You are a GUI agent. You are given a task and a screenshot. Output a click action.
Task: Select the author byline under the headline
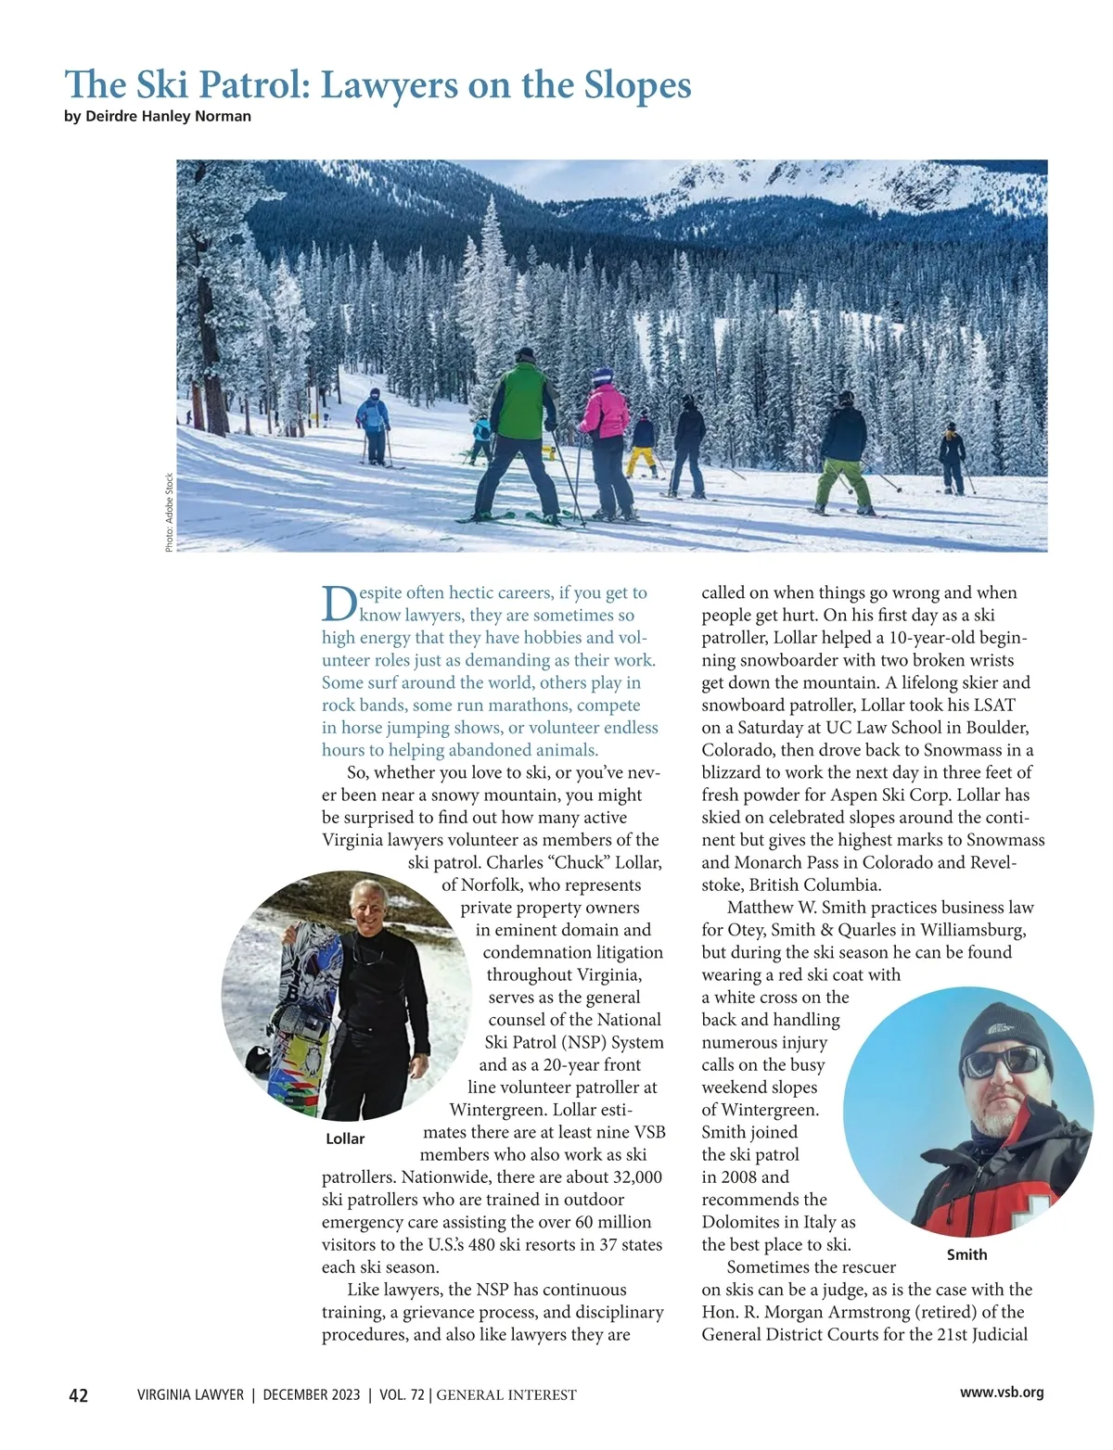[158, 117]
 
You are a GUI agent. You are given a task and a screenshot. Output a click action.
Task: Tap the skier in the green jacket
[522, 426]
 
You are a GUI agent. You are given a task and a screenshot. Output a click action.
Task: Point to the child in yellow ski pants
[642, 445]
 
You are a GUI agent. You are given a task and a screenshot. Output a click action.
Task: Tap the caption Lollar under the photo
[345, 1138]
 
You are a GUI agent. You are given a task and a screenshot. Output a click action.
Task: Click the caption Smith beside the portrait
[966, 1254]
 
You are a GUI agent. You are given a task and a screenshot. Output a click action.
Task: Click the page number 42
[79, 1395]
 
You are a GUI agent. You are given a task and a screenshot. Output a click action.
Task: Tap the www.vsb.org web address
[1002, 1392]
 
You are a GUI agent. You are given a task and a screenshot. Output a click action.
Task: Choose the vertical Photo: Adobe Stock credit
[169, 513]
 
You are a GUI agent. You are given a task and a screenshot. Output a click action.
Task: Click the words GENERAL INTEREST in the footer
[506, 1394]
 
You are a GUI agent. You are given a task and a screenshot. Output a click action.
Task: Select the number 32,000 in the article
[637, 1177]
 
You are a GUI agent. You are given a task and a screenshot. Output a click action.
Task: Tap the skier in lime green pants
[842, 454]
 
